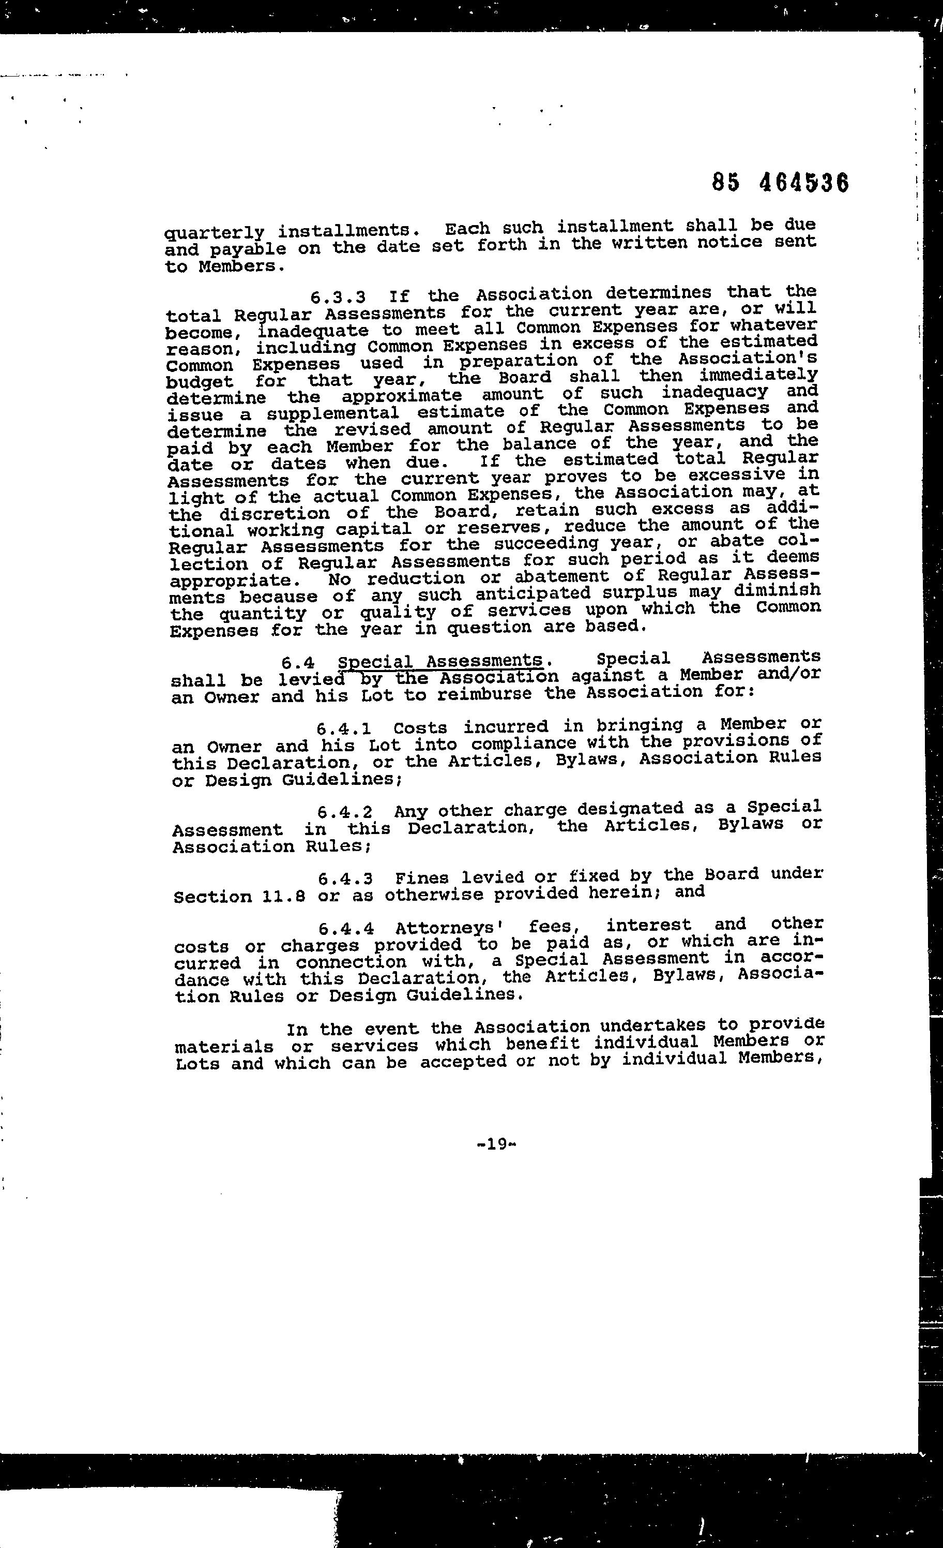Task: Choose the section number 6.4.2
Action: tap(345, 812)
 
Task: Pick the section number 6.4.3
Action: tap(345, 879)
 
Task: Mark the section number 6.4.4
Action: tap(346, 929)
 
